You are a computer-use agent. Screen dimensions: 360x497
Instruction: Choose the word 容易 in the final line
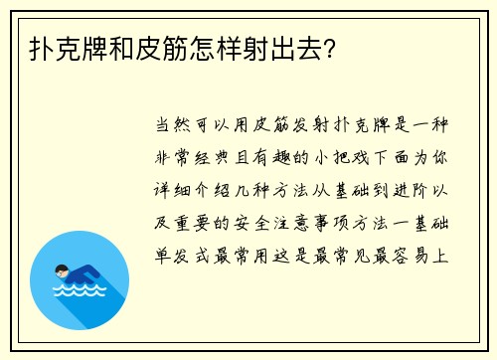click(407, 254)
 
